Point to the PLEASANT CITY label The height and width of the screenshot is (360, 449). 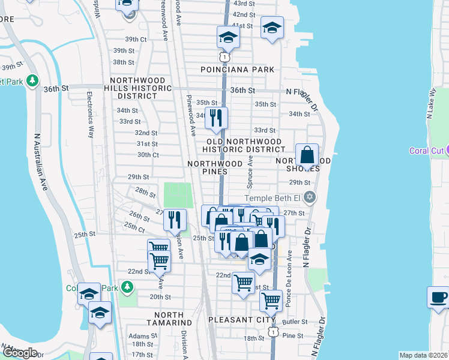coord(239,320)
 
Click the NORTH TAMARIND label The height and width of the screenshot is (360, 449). coord(173,319)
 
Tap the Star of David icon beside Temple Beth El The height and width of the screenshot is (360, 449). coord(310,197)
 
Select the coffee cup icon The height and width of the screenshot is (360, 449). coord(438,297)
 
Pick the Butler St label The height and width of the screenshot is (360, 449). coord(297,322)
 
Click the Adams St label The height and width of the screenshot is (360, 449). coord(142,336)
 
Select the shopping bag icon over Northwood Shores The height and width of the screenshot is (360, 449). coord(307,155)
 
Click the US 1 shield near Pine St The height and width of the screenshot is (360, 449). coord(273,331)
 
